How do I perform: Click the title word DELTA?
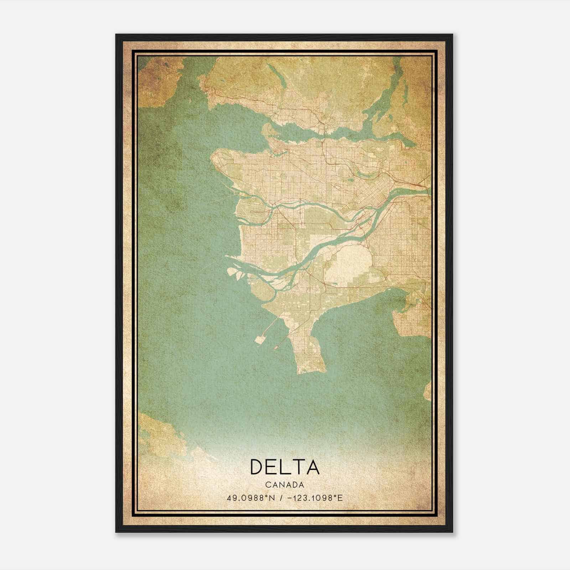[285, 466]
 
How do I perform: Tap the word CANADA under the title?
[285, 485]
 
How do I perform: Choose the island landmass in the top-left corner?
[157, 82]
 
